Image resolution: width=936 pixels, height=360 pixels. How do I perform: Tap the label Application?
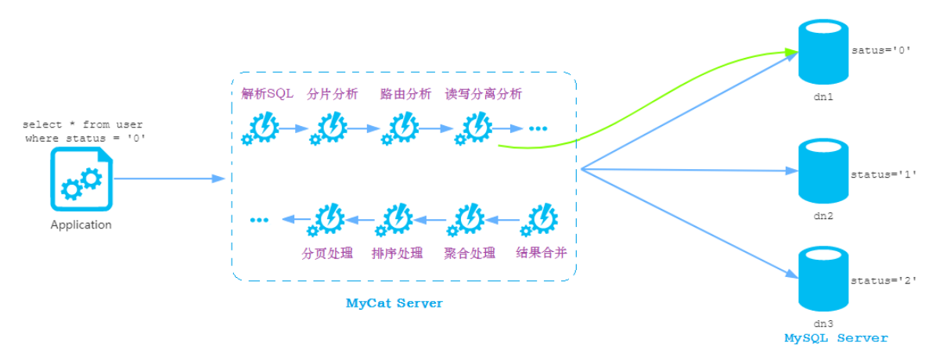pyautogui.click(x=81, y=225)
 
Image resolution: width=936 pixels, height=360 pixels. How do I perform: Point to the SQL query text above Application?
pyautogui.click(x=83, y=131)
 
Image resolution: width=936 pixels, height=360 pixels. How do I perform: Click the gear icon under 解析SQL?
pyautogui.click(x=262, y=128)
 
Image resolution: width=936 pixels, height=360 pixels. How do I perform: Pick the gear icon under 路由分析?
pyautogui.click(x=401, y=128)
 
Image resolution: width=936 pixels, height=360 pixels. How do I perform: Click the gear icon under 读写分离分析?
pyautogui.click(x=473, y=128)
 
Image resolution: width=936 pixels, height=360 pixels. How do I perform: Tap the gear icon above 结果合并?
pyautogui.click(x=541, y=220)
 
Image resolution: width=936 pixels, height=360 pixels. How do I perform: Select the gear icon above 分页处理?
pyautogui.click(x=329, y=220)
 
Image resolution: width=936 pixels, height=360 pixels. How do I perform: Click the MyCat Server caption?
pyautogui.click(x=394, y=303)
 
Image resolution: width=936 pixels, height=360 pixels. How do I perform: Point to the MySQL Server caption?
pyautogui.click(x=836, y=338)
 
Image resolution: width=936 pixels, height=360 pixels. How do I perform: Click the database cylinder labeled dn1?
pyautogui.click(x=823, y=52)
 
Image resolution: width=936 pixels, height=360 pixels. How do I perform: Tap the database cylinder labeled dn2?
pyautogui.click(x=823, y=171)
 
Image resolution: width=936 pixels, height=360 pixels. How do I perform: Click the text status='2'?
pyautogui.click(x=878, y=279)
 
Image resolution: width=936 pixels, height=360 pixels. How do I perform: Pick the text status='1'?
pyautogui.click(x=878, y=174)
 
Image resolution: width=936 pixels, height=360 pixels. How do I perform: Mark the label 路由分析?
pyautogui.click(x=405, y=95)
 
